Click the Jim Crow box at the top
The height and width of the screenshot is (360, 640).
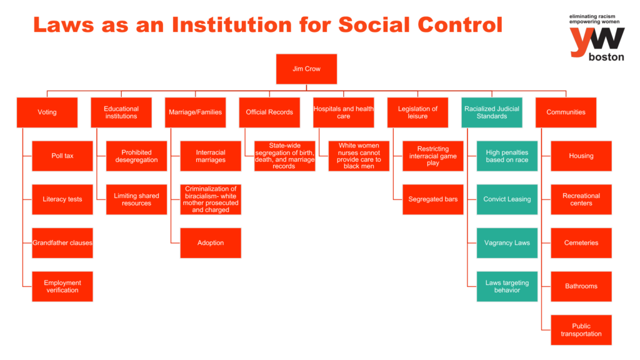coord(306,69)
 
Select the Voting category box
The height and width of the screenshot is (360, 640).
coord(47,112)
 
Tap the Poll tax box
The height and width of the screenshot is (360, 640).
coord(62,156)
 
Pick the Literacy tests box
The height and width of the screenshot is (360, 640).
coord(62,199)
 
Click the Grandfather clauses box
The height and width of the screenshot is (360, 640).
coord(62,242)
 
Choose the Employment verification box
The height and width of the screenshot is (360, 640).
coord(62,286)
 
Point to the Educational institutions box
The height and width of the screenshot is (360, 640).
coord(121,112)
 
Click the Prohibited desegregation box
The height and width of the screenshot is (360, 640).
coord(136,156)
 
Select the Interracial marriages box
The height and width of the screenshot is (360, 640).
coord(211,156)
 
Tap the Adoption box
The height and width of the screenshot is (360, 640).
coord(211,242)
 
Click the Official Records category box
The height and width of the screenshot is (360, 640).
coord(269,112)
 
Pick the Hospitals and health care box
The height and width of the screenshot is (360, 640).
coord(343,112)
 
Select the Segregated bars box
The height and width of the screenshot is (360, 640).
coord(432,199)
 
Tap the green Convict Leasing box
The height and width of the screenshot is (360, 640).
coord(507,199)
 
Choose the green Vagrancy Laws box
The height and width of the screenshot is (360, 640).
coord(507,242)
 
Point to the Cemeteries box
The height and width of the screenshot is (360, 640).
coord(581,242)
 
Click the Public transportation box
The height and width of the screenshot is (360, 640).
coord(581,329)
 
